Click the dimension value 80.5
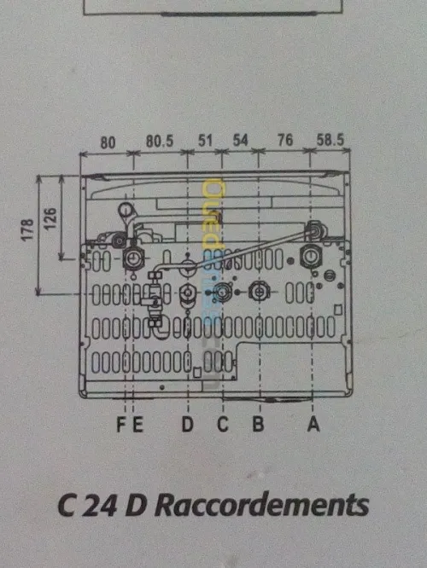[160, 142]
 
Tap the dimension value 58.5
[330, 140]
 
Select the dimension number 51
[205, 141]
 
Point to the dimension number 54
[240, 140]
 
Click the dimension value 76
[284, 140]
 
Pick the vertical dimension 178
[27, 229]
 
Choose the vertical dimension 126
[50, 218]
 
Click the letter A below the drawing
[313, 424]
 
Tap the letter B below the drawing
[258, 424]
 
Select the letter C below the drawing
[223, 424]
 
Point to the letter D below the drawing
[187, 424]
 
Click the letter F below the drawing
[121, 425]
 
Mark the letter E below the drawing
[137, 425]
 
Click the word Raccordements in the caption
[261, 505]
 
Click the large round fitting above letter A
[311, 257]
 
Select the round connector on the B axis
[259, 291]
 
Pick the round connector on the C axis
[222, 292]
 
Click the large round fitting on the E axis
[133, 258]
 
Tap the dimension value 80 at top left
[108, 142]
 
